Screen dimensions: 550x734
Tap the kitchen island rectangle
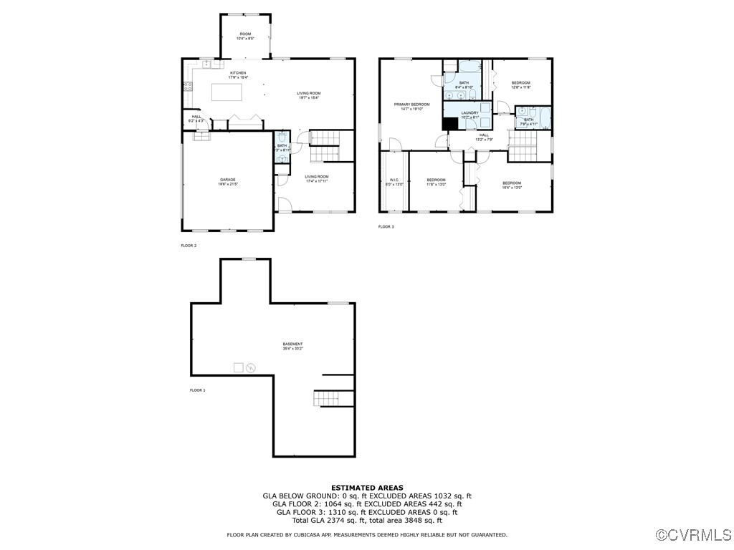point(226,92)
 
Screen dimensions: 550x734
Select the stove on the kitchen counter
point(187,87)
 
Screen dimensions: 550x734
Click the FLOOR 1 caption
point(197,390)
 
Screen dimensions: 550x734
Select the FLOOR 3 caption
point(386,227)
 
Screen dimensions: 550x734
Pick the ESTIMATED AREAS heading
point(367,487)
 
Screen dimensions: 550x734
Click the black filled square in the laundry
point(450,123)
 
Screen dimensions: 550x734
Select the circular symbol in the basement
point(251,368)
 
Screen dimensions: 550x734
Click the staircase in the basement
point(334,398)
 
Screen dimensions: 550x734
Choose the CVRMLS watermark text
point(694,535)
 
